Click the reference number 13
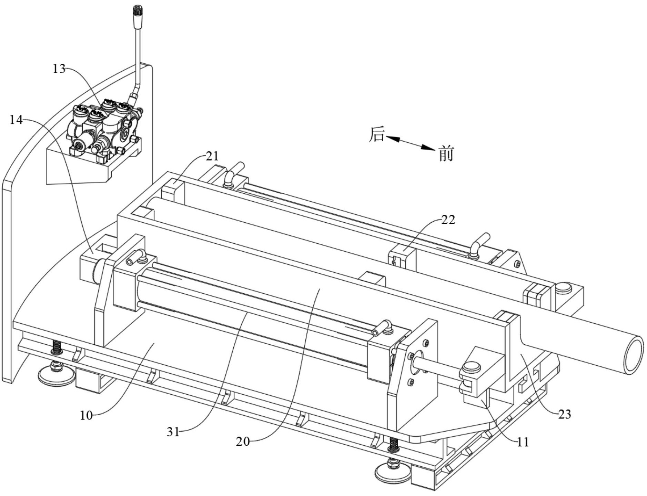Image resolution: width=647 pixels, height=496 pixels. [59, 69]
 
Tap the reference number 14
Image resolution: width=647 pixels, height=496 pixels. [16, 120]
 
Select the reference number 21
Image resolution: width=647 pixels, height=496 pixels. [212, 156]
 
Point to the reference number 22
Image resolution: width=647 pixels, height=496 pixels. [448, 220]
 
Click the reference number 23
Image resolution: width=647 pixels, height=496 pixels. [564, 414]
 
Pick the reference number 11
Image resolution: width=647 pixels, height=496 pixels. [523, 442]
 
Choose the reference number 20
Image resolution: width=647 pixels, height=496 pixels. [243, 442]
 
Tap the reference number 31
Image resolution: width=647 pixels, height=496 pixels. [173, 432]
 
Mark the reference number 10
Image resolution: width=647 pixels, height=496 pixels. [86, 415]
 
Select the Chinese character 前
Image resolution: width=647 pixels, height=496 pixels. [446, 154]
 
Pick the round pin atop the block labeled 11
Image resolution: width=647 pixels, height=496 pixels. [471, 367]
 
